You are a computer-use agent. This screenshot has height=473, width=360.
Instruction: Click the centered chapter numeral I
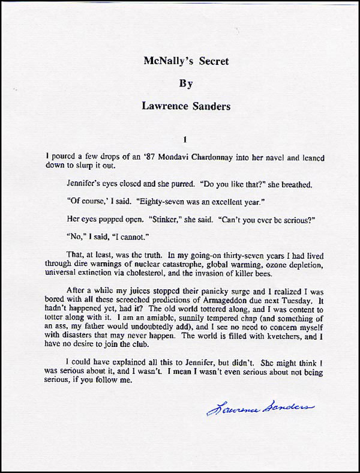[186, 139]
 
